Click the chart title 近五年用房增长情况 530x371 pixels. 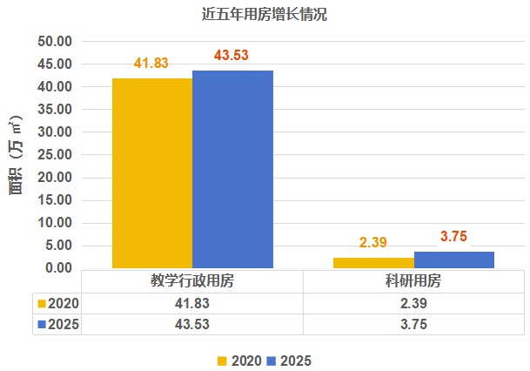[265, 15]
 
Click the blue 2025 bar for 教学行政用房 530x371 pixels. [232, 169]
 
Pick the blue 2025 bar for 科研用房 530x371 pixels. [454, 260]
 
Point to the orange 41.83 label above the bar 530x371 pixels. [151, 64]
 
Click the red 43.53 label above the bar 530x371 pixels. [231, 56]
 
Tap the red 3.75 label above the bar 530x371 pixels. [454, 236]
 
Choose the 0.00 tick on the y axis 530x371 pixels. [57, 268]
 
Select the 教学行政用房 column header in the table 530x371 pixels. [191, 281]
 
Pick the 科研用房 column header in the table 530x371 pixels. [413, 281]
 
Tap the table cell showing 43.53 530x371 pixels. [191, 324]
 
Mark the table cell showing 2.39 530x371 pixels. [413, 303]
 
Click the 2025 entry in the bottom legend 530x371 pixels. [289, 360]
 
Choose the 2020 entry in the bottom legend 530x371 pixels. [238, 360]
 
